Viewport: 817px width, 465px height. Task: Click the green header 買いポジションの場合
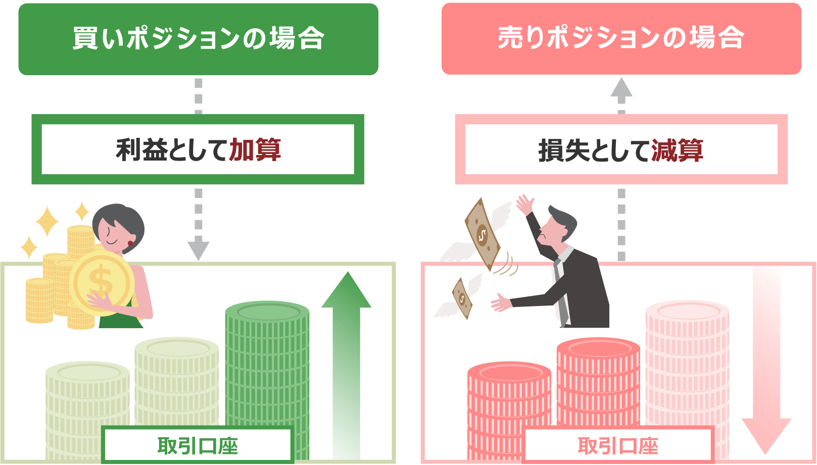198,39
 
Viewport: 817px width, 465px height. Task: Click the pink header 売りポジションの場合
621,38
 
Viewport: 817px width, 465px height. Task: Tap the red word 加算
255,150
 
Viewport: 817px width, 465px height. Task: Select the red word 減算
677,150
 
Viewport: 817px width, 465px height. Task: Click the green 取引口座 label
198,446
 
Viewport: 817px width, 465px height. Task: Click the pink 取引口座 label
618,446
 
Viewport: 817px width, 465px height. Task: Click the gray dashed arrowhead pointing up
621,88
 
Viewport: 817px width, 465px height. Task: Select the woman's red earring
130,243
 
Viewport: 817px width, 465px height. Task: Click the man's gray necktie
559,293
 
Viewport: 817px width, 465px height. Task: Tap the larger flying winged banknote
483,234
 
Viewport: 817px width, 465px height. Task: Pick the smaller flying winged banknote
462,298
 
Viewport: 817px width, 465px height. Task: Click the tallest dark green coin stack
267,364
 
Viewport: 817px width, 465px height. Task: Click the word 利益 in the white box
141,150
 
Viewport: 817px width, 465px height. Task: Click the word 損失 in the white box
564,150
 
